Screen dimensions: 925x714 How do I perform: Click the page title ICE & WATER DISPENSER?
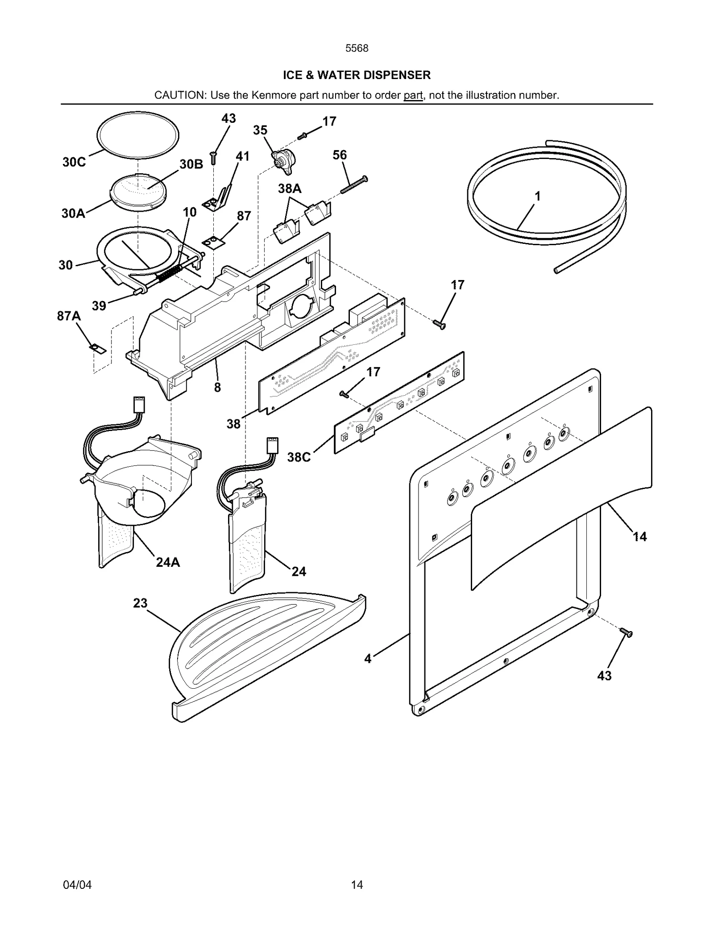click(x=357, y=75)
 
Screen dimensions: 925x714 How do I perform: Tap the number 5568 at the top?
click(x=357, y=48)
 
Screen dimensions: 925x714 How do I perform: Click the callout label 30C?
click(x=74, y=162)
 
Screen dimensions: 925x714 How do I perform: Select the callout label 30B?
click(x=191, y=164)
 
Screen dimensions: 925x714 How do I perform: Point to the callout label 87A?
click(x=69, y=316)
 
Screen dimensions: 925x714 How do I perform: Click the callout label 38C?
click(x=299, y=457)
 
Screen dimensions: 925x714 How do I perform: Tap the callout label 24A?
click(x=168, y=562)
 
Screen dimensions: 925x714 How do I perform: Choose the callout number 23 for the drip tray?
click(x=140, y=603)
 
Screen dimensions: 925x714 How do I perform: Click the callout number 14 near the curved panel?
click(x=639, y=536)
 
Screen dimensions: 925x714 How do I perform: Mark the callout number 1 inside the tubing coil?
click(x=538, y=196)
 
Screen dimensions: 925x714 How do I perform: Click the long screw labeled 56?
click(x=354, y=185)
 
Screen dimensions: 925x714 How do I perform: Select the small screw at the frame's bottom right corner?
click(x=626, y=632)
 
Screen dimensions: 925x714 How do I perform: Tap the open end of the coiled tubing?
click(x=556, y=270)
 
